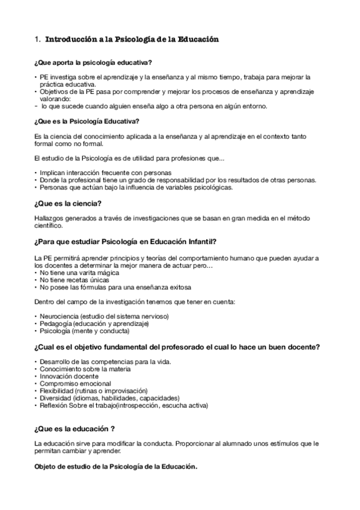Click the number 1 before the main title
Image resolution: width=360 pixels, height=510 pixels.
tap(37, 40)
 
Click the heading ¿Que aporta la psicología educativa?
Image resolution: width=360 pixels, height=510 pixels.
tap(93, 63)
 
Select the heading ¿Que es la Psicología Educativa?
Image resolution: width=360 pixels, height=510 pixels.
tap(96, 121)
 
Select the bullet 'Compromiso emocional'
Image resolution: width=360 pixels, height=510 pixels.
tap(75, 383)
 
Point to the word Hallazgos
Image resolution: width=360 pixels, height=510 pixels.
tap(50, 218)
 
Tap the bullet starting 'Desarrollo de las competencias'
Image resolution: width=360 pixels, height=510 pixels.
tap(105, 361)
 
